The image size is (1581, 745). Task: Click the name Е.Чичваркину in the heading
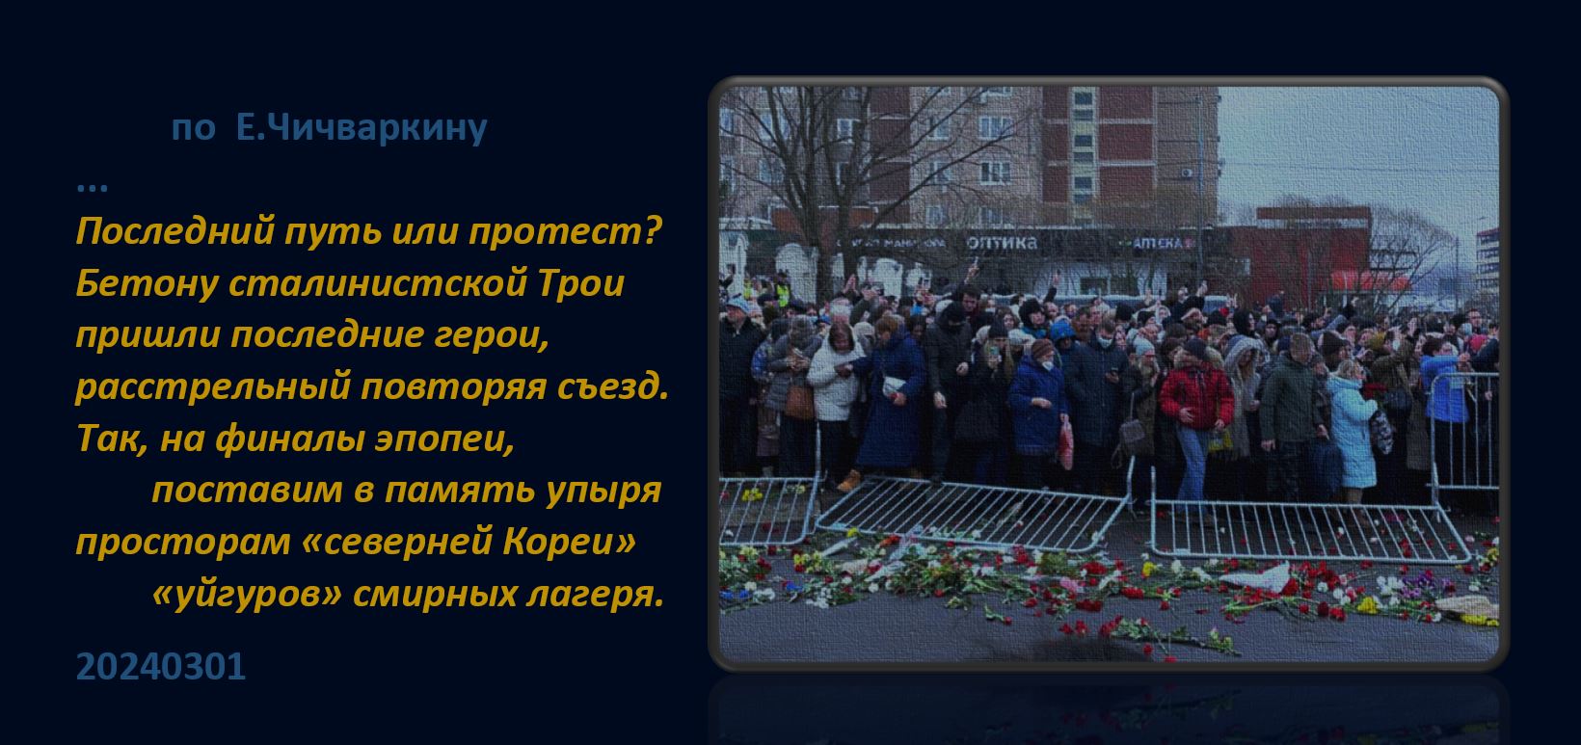[362, 127]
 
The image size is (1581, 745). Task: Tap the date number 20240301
[161, 667]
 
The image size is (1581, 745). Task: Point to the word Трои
[581, 283]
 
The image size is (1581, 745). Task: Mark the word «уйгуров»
[247, 595]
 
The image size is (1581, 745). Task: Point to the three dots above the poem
[92, 188]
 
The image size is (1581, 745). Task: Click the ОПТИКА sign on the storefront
[1003, 244]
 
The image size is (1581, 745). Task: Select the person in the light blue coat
[1352, 431]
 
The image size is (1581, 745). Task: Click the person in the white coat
[834, 395]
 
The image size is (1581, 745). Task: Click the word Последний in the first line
[174, 231]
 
